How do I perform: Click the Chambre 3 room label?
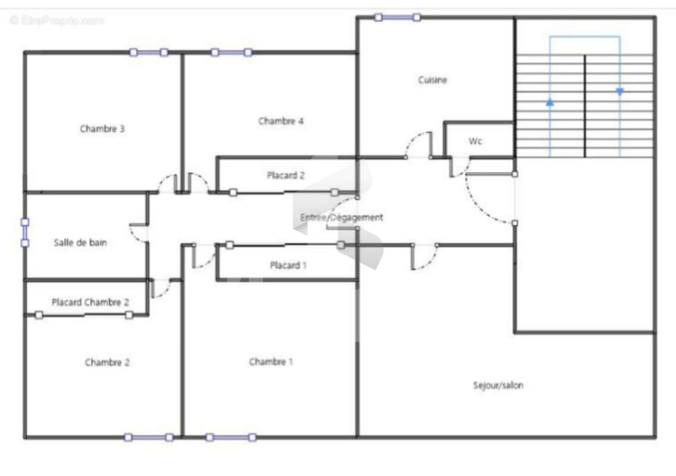pyautogui.click(x=102, y=129)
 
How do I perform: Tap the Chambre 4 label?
pyautogui.click(x=281, y=121)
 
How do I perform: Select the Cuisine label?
pyautogui.click(x=432, y=80)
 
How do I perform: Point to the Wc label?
pyautogui.click(x=476, y=141)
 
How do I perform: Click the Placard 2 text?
pyautogui.click(x=286, y=175)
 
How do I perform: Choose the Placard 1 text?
pyautogui.click(x=288, y=265)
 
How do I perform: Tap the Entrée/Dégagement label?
pyautogui.click(x=342, y=218)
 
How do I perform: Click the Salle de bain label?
pyautogui.click(x=80, y=242)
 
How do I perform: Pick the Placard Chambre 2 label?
pyautogui.click(x=90, y=302)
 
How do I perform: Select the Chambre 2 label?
pyautogui.click(x=107, y=362)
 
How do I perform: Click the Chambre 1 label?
pyautogui.click(x=271, y=362)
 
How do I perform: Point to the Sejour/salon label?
pyautogui.click(x=498, y=386)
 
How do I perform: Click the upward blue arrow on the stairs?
pyautogui.click(x=550, y=102)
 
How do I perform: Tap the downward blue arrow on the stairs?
pyautogui.click(x=620, y=92)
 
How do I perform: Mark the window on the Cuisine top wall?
pyautogui.click(x=397, y=17)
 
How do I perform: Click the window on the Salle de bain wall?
pyautogui.click(x=25, y=233)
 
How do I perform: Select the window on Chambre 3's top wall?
pyautogui.click(x=149, y=52)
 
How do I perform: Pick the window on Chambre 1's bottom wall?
pyautogui.click(x=231, y=437)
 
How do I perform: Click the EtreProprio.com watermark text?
pyautogui.click(x=57, y=20)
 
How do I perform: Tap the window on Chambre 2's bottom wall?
pyautogui.click(x=149, y=437)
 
